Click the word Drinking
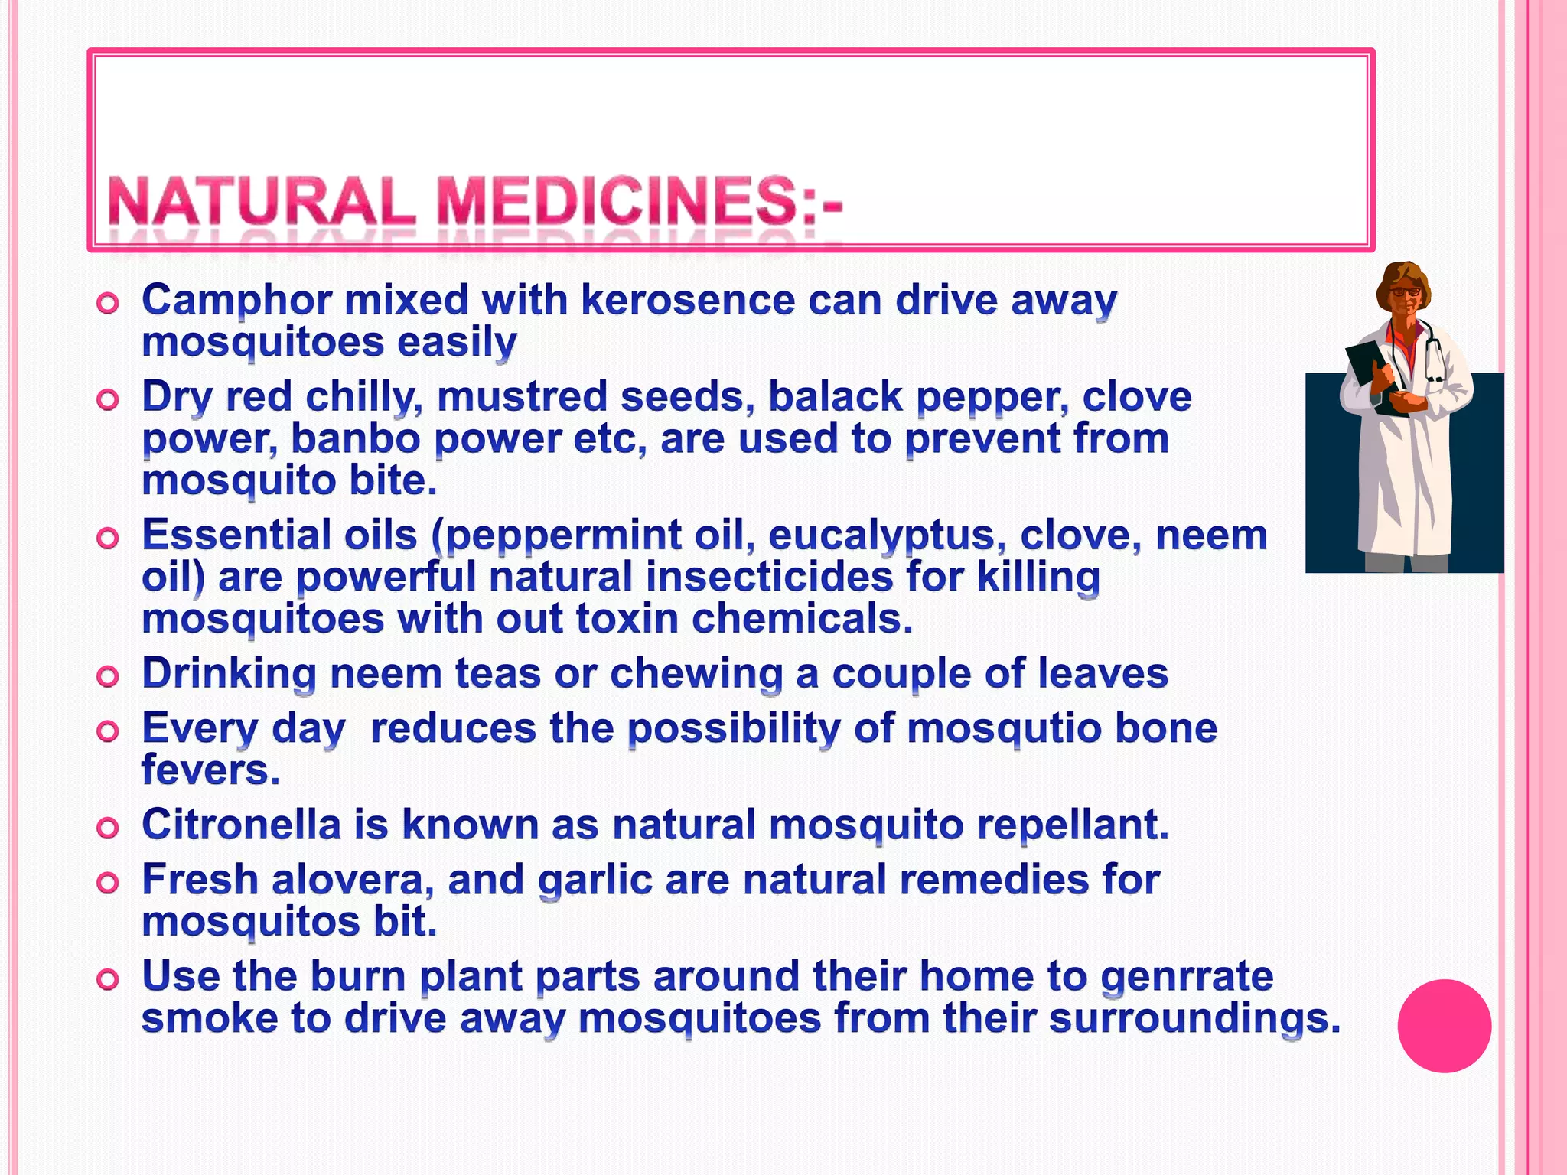229,675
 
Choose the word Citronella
241,825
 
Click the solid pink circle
1444,1026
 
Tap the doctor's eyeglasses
1405,291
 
